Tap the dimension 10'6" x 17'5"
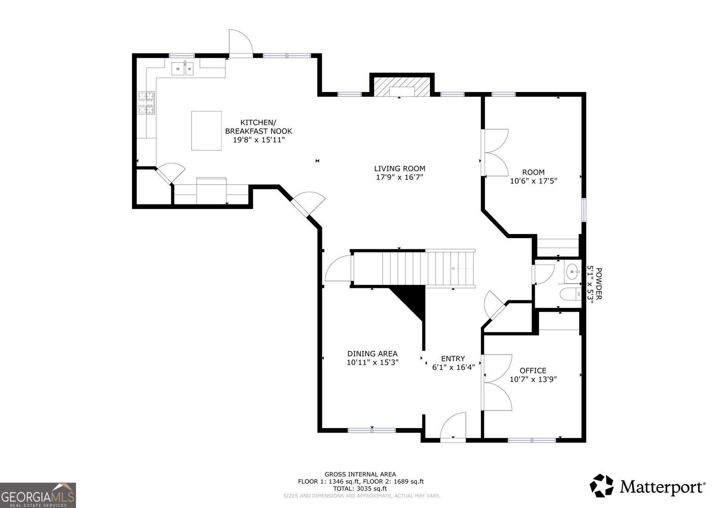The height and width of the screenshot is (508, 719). point(533,181)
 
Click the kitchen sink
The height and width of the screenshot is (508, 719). point(182,69)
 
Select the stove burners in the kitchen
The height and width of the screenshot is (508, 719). point(146,102)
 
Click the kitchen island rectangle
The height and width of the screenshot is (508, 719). point(206,130)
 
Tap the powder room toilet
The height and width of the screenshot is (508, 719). point(570,295)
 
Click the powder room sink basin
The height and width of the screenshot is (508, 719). point(572,271)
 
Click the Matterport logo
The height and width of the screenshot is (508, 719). point(648,486)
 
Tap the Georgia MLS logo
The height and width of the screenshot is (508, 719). point(38,495)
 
